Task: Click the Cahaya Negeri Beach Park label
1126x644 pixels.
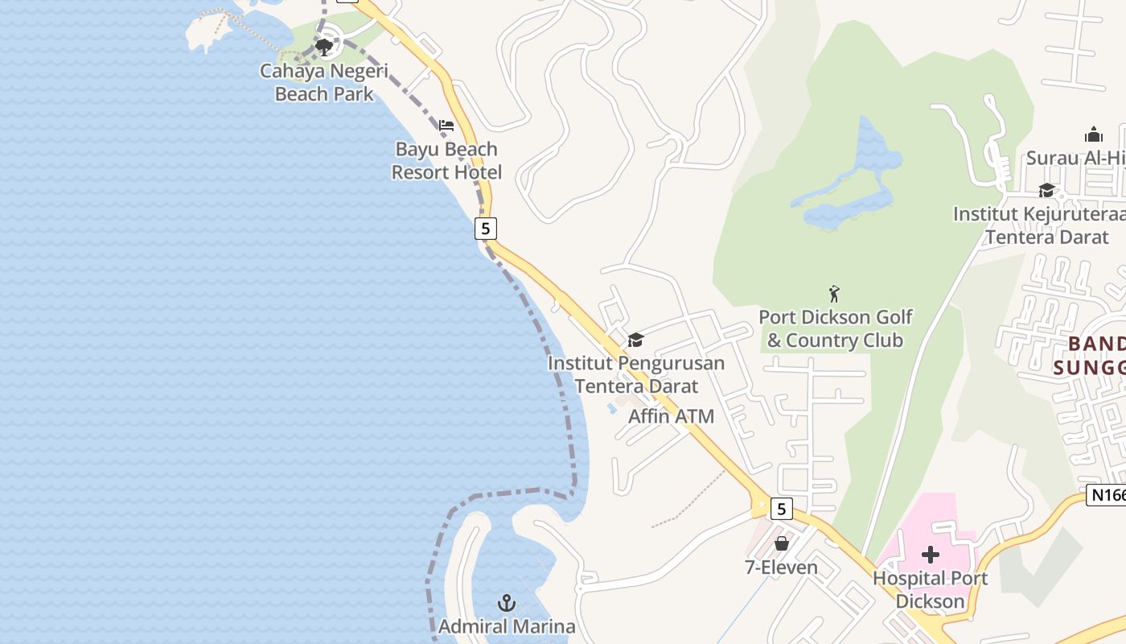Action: (324, 82)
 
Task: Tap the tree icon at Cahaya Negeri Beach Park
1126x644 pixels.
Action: (324, 47)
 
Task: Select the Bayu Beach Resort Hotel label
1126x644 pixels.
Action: (446, 160)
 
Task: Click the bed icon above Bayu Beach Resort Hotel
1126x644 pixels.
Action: (446, 125)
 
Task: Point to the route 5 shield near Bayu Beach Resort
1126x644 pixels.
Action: (484, 229)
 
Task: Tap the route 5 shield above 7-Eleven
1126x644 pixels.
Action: (781, 509)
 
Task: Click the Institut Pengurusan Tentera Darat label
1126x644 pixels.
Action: (636, 374)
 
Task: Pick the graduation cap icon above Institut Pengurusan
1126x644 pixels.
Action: (636, 340)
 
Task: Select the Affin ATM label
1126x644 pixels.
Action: (671, 416)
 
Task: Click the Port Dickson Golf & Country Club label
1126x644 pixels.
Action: (836, 328)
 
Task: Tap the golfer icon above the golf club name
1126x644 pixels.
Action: (834, 294)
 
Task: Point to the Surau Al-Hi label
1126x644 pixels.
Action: (1075, 158)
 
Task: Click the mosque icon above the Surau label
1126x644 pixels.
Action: (1094, 134)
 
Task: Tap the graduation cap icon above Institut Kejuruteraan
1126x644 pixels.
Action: (1046, 191)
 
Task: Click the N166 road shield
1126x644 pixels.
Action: (1107, 495)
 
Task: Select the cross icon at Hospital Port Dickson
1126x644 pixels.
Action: (931, 555)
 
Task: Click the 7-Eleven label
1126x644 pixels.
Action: (781, 568)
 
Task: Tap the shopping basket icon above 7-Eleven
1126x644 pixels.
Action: (781, 543)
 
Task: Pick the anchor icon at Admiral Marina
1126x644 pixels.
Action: (507, 602)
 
